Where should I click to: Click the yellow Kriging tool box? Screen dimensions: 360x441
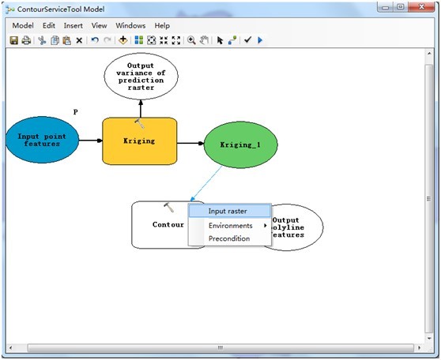[139, 141]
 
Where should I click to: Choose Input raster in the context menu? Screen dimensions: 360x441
[228, 211]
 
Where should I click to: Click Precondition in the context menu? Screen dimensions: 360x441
[229, 238]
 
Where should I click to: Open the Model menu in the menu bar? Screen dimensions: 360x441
[22, 25]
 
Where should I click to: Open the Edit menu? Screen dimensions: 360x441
[49, 25]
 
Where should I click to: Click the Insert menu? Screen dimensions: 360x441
[73, 25]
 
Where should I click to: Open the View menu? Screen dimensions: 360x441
[99, 25]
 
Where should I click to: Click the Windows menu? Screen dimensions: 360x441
[130, 25]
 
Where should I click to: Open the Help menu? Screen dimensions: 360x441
[162, 25]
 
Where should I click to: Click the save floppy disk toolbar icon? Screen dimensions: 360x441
[13, 39]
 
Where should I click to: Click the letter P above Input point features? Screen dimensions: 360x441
[75, 112]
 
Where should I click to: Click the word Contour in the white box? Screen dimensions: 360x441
[168, 225]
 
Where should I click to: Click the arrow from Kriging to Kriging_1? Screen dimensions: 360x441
[190, 144]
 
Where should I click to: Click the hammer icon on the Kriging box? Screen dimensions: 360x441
[139, 125]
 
